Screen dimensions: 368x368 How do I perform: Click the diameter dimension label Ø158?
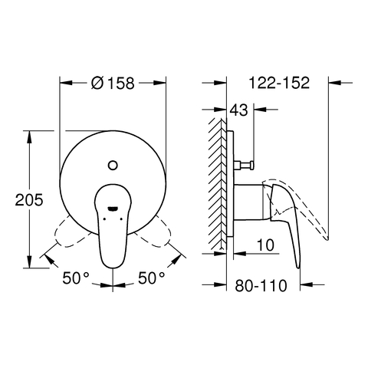[113, 83]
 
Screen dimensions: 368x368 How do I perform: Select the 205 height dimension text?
[29, 200]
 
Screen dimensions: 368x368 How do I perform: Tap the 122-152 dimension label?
[279, 83]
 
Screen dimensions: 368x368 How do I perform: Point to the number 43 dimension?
[239, 110]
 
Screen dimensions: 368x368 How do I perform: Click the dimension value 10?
[265, 245]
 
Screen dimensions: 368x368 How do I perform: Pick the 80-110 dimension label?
[261, 286]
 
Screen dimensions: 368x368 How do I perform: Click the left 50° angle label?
[76, 278]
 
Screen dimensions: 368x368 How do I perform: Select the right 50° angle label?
[152, 278]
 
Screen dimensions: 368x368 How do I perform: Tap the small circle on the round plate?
[113, 165]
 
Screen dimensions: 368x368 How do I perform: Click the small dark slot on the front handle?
[113, 209]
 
